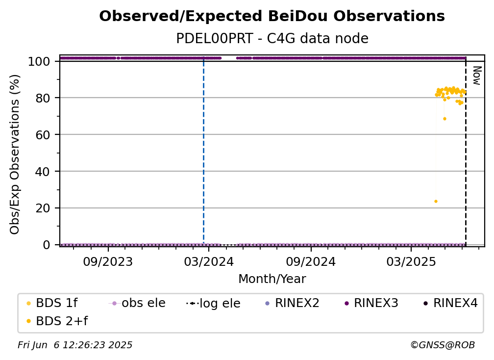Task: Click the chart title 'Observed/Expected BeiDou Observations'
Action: tap(272, 16)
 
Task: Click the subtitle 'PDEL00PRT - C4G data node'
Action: tap(272, 38)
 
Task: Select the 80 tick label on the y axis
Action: tap(43, 98)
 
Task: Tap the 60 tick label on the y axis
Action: tap(43, 134)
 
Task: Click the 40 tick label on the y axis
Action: tap(43, 172)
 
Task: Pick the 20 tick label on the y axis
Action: tap(43, 208)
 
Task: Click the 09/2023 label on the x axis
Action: tap(108, 261)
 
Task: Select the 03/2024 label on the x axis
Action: tap(209, 261)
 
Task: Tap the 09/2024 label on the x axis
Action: tap(311, 261)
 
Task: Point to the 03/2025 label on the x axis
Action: tap(411, 261)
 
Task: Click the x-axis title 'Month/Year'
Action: tap(272, 279)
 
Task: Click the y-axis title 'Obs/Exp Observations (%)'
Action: tap(15, 154)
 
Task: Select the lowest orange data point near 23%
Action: tap(436, 202)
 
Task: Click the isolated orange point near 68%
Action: tap(445, 119)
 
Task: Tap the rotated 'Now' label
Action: tap(477, 76)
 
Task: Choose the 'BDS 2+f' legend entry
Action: tap(57, 321)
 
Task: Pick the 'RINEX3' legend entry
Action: tap(372, 303)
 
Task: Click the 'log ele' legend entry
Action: tap(213, 303)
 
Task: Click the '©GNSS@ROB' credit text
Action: tap(443, 345)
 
